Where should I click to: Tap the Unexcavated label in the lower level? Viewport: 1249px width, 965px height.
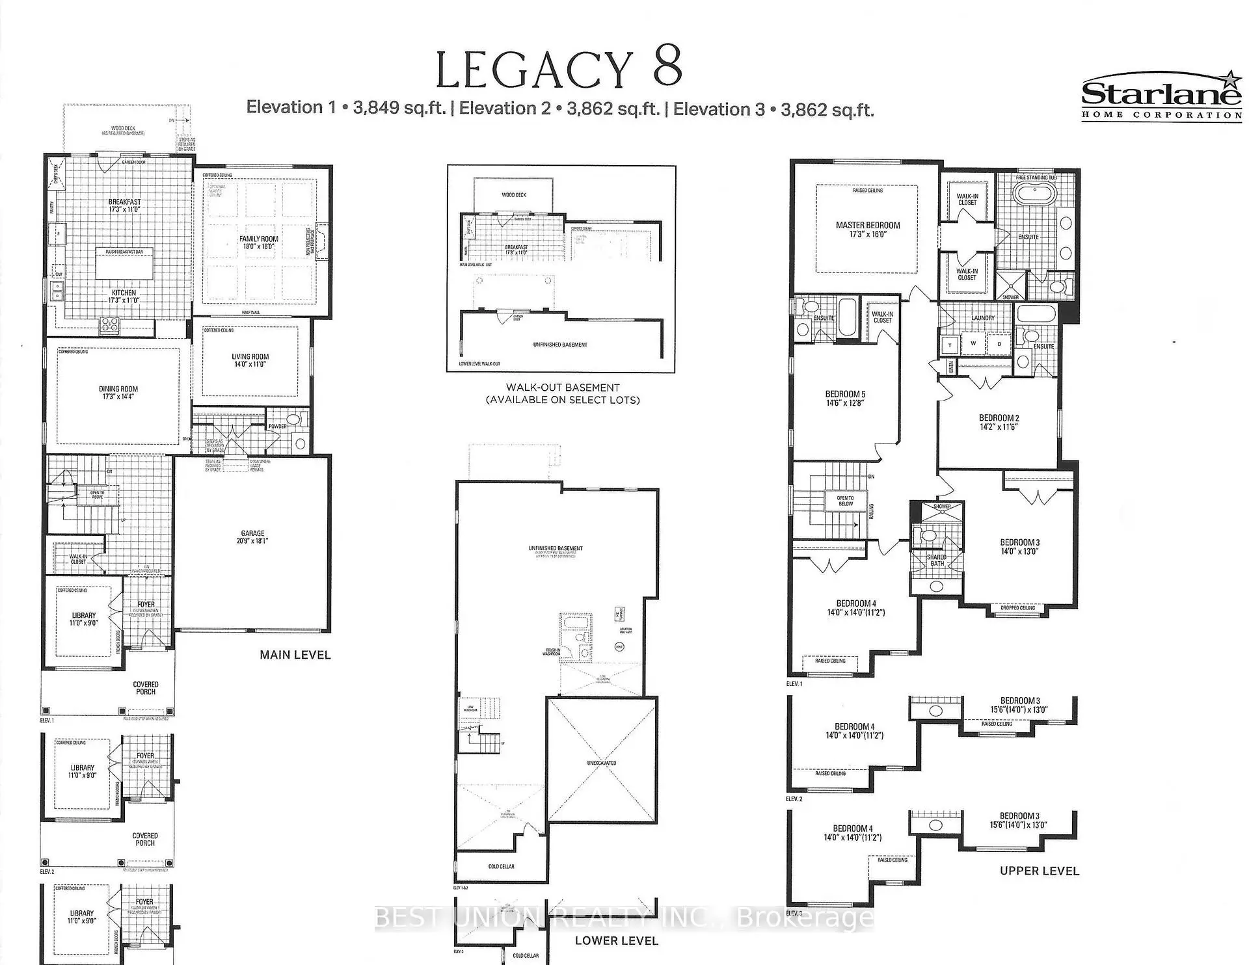pos(601,763)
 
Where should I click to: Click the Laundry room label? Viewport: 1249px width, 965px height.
pos(983,318)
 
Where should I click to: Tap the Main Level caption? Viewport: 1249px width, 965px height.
pos(295,655)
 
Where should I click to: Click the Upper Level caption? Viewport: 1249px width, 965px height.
pos(1039,871)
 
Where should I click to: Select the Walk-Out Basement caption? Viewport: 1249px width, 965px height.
pos(563,388)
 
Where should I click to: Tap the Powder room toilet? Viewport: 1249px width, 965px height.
pos(293,419)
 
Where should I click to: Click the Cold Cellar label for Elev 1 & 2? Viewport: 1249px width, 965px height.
pos(501,866)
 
